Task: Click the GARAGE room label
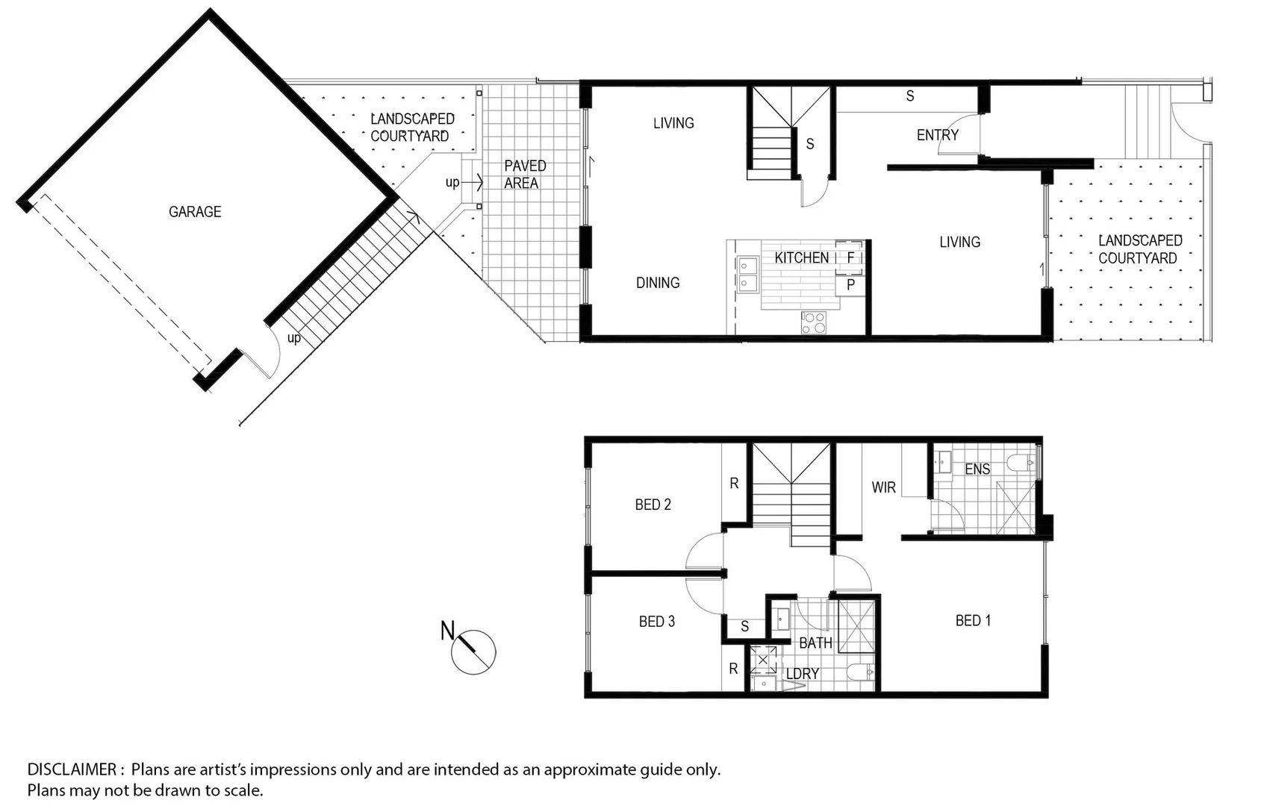[x=195, y=212]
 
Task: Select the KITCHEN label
[x=801, y=258]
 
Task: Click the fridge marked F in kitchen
[x=850, y=257]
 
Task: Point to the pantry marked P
[x=850, y=284]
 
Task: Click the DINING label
[x=658, y=283]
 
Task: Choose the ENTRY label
[x=937, y=135]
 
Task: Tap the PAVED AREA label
[x=524, y=175]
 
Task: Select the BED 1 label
[x=973, y=621]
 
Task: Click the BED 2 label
[x=653, y=505]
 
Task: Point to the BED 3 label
[x=656, y=622]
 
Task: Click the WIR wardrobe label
[x=883, y=487]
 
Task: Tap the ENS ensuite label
[x=977, y=469]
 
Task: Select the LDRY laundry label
[x=803, y=674]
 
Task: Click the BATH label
[x=815, y=643]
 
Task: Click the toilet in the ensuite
[x=1021, y=463]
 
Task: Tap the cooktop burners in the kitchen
[x=814, y=322]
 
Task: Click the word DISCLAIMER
[x=72, y=769]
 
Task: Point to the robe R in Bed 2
[x=734, y=484]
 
